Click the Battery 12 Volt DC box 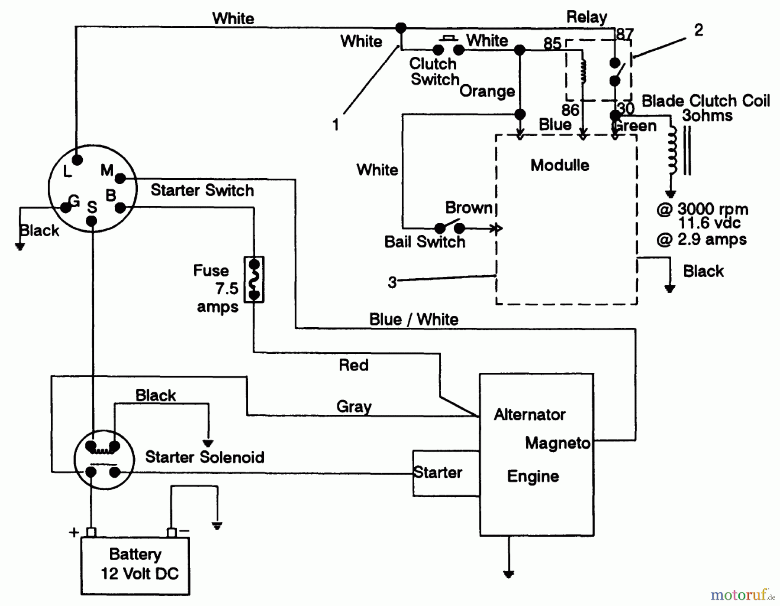click(x=135, y=565)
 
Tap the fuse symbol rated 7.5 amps click(x=254, y=280)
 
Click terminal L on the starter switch click(x=77, y=160)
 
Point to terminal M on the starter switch click(x=120, y=178)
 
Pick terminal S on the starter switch click(x=91, y=221)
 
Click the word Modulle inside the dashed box click(x=560, y=165)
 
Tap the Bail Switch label click(x=425, y=242)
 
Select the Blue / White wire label click(x=413, y=319)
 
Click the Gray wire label click(x=354, y=407)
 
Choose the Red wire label click(x=354, y=365)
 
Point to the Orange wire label click(x=487, y=91)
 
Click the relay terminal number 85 click(x=552, y=43)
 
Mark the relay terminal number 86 click(x=570, y=110)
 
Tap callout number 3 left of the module click(x=392, y=283)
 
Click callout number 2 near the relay click(x=699, y=30)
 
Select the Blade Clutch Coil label click(x=705, y=101)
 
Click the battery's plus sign click(x=74, y=532)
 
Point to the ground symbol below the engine click(x=509, y=574)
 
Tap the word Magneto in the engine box click(x=558, y=443)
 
